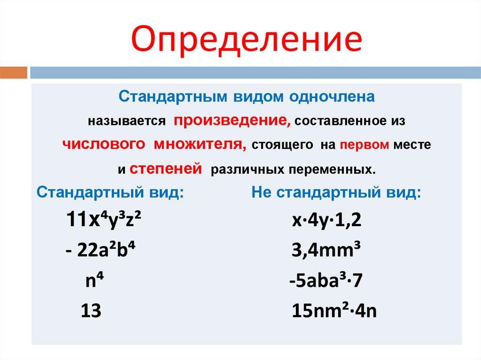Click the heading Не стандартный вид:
[x=337, y=192]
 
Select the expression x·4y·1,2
[x=326, y=219]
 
